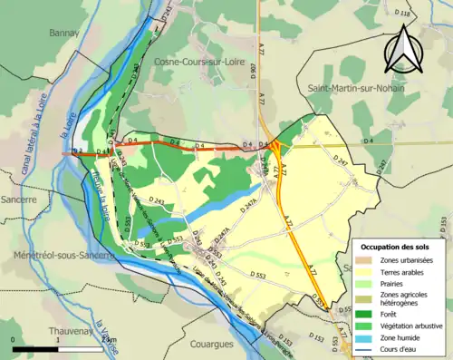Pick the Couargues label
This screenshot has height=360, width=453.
pyautogui.click(x=213, y=344)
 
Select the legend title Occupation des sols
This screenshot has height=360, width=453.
pyautogui.click(x=396, y=246)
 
